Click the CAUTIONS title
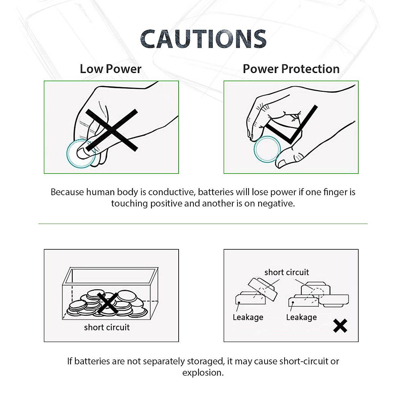(x=203, y=39)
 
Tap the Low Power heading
(x=110, y=69)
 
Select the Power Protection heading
(x=291, y=69)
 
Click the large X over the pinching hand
(x=112, y=130)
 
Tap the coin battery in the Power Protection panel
(x=267, y=149)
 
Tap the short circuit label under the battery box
(x=107, y=327)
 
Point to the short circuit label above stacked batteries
(x=287, y=272)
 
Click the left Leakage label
(x=248, y=317)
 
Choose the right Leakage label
(x=301, y=317)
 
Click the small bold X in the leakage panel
(x=340, y=325)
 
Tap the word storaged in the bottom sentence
(x=203, y=361)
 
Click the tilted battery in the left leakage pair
(x=263, y=289)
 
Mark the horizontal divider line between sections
(x=203, y=224)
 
